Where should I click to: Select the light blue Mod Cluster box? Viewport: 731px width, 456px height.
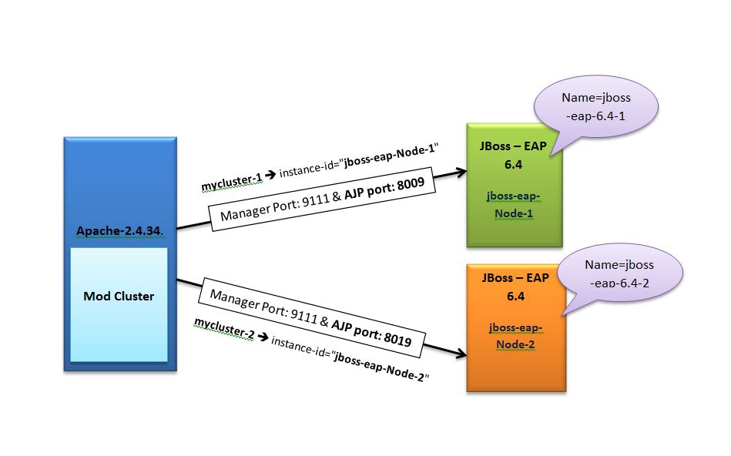(x=119, y=303)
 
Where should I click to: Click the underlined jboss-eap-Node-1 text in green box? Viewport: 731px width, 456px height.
(x=516, y=204)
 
